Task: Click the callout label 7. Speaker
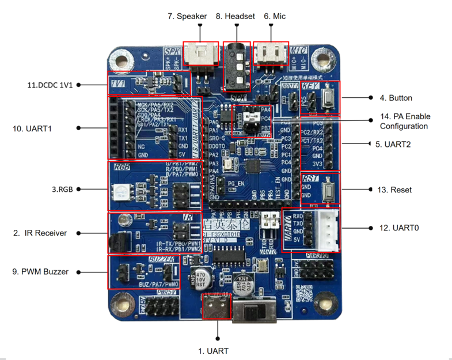[x=187, y=16]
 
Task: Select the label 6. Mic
[x=275, y=16]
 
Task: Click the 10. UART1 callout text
[x=32, y=128]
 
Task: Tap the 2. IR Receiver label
[x=40, y=233]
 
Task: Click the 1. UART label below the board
[x=213, y=351]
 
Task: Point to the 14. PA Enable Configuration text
[x=404, y=121]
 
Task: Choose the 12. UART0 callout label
[x=399, y=228]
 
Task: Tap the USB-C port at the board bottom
[x=217, y=306]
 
